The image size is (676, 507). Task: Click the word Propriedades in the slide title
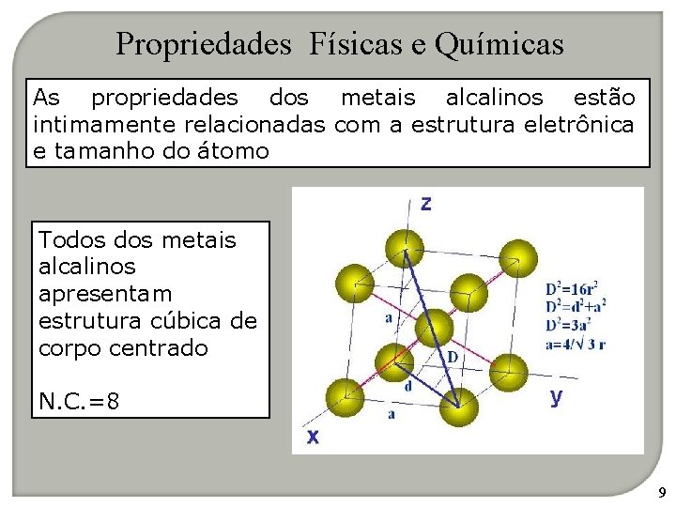pyautogui.click(x=204, y=43)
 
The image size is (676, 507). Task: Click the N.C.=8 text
pyautogui.click(x=80, y=401)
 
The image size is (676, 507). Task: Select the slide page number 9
pyautogui.click(x=661, y=492)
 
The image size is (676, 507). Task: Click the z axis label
pyautogui.click(x=426, y=204)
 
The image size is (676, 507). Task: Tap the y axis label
pyautogui.click(x=556, y=396)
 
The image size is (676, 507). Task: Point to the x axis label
pyautogui.click(x=313, y=436)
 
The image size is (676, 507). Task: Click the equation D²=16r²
pyautogui.click(x=572, y=288)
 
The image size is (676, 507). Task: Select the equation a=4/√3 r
pyautogui.click(x=575, y=344)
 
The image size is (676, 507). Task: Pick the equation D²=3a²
pyautogui.click(x=570, y=325)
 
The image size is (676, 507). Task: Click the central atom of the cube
pyautogui.click(x=434, y=327)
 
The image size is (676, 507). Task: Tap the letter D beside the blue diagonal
pyautogui.click(x=452, y=357)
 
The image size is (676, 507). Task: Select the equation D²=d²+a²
pyautogui.click(x=575, y=306)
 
